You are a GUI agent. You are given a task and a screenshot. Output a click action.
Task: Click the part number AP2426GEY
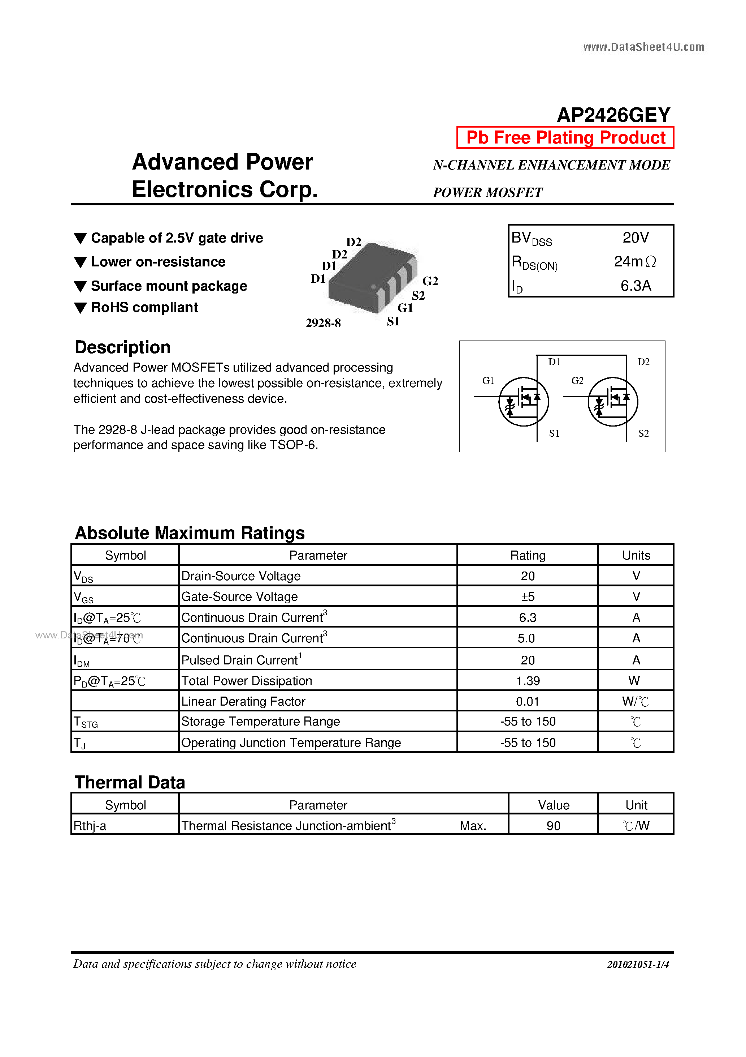pyautogui.click(x=613, y=115)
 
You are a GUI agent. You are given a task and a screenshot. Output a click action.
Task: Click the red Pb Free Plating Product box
pyautogui.click(x=565, y=138)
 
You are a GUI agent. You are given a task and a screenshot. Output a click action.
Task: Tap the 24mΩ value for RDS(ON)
pyautogui.click(x=635, y=261)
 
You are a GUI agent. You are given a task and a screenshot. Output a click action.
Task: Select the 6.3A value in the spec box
pyautogui.click(x=636, y=286)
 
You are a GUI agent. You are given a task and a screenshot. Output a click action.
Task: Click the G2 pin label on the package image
pyautogui.click(x=430, y=281)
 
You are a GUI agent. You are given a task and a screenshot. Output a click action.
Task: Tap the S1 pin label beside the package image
pyautogui.click(x=393, y=321)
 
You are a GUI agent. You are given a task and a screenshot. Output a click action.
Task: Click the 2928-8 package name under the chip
pyautogui.click(x=323, y=323)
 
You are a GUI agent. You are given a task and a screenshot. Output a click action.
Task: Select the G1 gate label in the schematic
pyautogui.click(x=488, y=381)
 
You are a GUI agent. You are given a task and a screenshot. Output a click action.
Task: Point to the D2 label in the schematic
pyautogui.click(x=643, y=362)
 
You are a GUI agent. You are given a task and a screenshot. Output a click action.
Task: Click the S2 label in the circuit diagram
pyautogui.click(x=643, y=433)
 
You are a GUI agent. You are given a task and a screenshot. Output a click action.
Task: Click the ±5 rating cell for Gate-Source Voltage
pyautogui.click(x=528, y=596)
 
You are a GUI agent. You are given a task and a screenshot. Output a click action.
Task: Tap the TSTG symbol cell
pyautogui.click(x=86, y=722)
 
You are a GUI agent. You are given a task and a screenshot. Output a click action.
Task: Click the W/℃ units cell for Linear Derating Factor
pyautogui.click(x=635, y=701)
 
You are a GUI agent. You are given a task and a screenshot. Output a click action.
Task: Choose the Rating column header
pyautogui.click(x=528, y=555)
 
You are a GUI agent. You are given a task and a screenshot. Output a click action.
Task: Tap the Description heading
pyautogui.click(x=123, y=347)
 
